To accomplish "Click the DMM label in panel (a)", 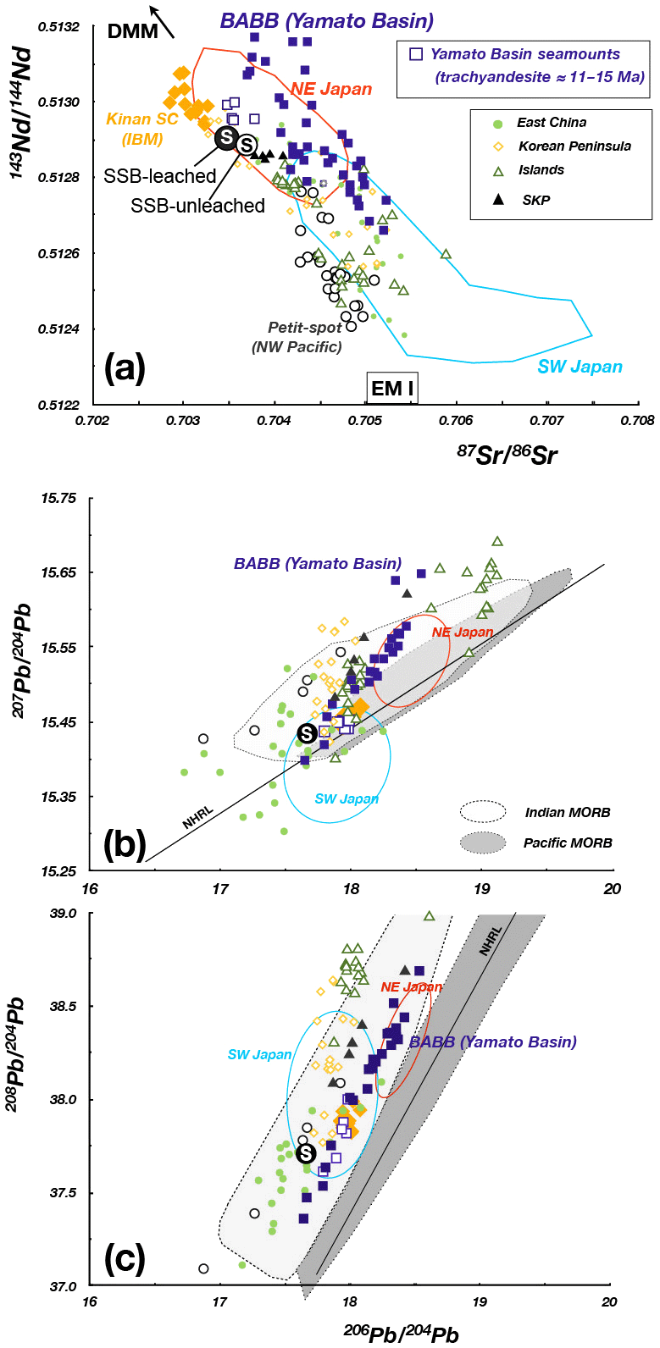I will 133,31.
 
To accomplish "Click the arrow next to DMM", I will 162,21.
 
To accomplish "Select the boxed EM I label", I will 392,388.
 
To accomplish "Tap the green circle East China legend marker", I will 499,124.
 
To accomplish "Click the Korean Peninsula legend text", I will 574,146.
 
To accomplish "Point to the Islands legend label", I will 541,170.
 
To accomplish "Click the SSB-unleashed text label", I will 197,206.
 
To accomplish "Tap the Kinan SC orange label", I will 142,119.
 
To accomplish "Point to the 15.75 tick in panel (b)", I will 58,498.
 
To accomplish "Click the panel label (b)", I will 125,844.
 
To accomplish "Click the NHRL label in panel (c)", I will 491,941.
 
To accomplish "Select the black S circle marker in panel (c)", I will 305,1152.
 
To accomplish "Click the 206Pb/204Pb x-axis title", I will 401,1334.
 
